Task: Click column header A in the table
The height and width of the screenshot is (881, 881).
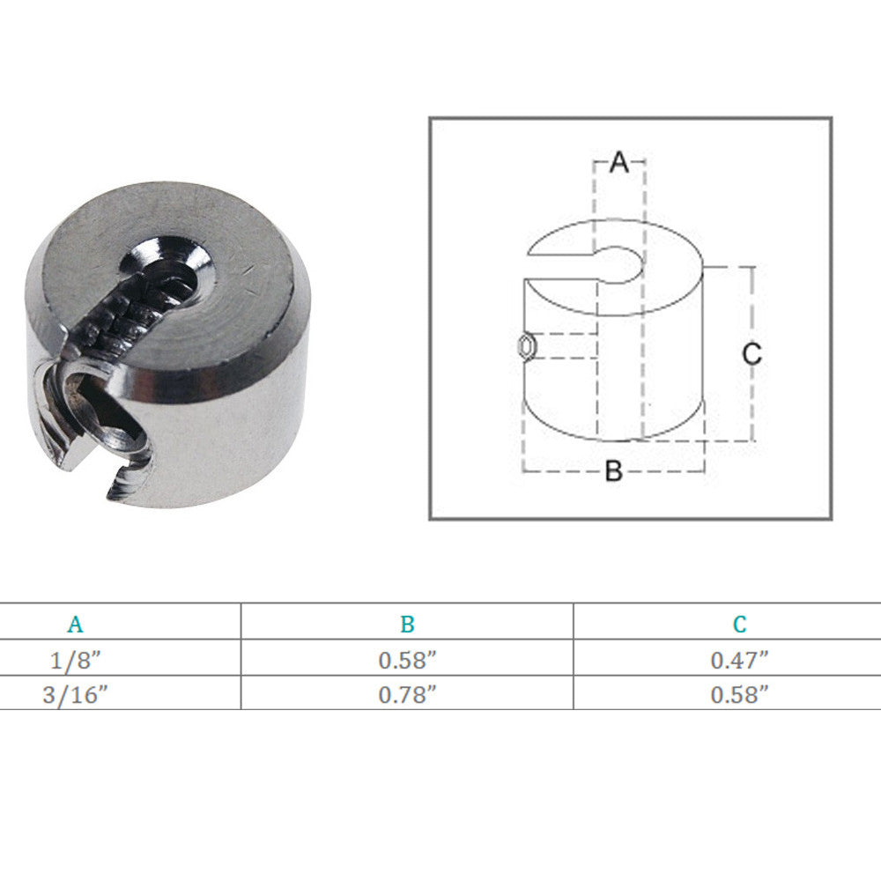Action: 75,625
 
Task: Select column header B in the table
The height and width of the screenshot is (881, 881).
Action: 407,625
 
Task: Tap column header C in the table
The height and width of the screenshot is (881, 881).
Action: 739,625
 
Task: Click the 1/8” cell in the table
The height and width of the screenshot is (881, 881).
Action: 75,660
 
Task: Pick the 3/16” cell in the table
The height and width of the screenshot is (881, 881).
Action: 75,695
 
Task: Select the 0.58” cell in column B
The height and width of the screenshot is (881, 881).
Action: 407,660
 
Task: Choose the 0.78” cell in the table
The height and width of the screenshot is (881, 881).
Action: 407,695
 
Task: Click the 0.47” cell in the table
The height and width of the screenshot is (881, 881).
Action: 739,660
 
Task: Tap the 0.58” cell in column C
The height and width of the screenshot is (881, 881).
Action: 739,695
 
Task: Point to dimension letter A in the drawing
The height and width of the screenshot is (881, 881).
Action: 619,162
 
